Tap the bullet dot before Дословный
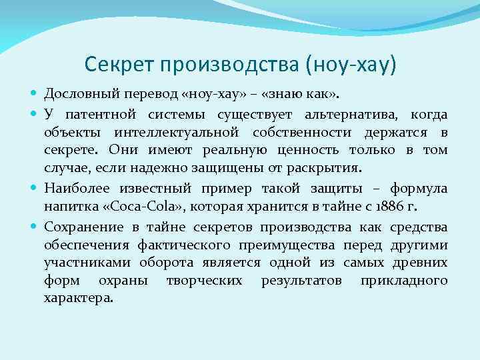35,91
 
